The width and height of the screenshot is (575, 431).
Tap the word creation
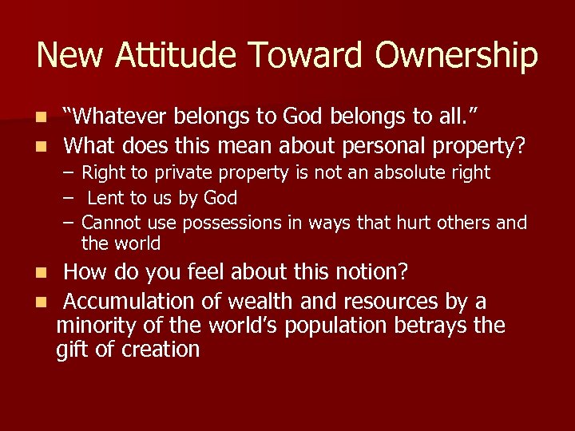point(161,350)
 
